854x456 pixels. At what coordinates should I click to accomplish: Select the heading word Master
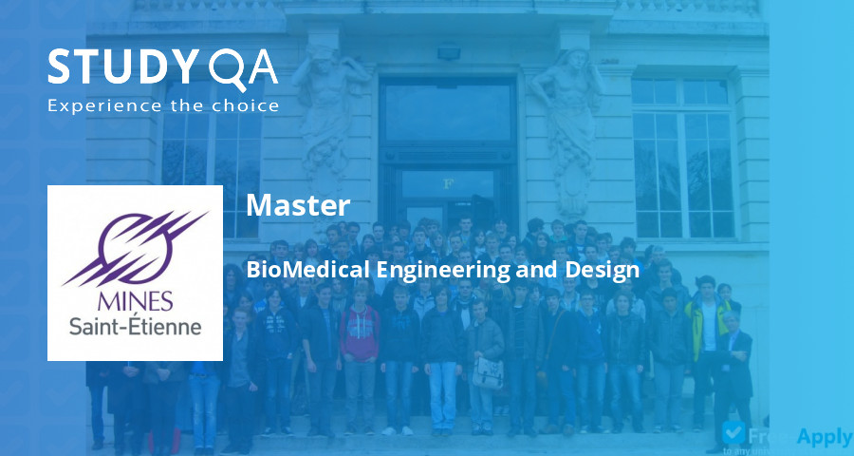[x=298, y=205]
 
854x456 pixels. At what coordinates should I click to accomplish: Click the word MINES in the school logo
[x=134, y=302]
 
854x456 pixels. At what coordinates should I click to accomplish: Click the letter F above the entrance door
[x=447, y=183]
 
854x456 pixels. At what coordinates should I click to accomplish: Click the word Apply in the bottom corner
[x=824, y=436]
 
